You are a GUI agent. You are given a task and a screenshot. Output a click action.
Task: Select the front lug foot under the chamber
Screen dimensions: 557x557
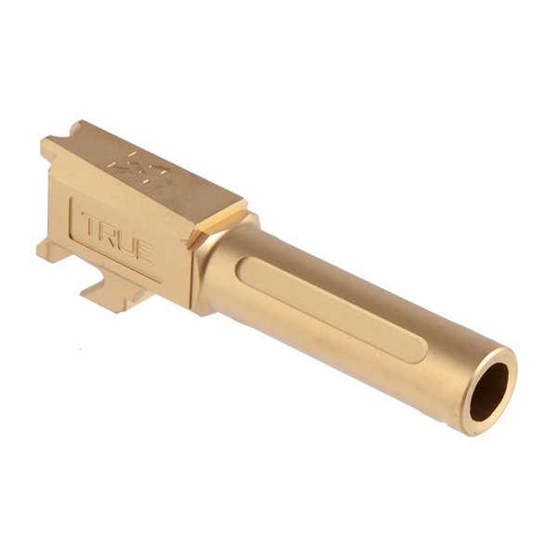pos(111,296)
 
